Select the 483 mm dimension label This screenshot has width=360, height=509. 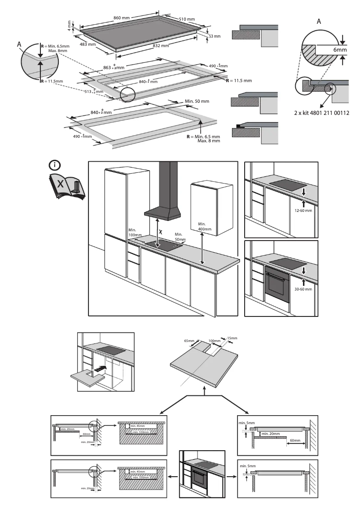click(x=88, y=44)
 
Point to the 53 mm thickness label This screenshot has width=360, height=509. click(x=215, y=36)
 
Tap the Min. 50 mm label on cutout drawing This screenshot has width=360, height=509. click(x=197, y=101)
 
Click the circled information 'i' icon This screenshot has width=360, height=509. click(x=55, y=165)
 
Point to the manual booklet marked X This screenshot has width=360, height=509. click(x=65, y=187)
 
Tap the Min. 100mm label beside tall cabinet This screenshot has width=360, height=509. click(x=135, y=232)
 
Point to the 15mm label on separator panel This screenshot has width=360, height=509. click(x=232, y=338)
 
